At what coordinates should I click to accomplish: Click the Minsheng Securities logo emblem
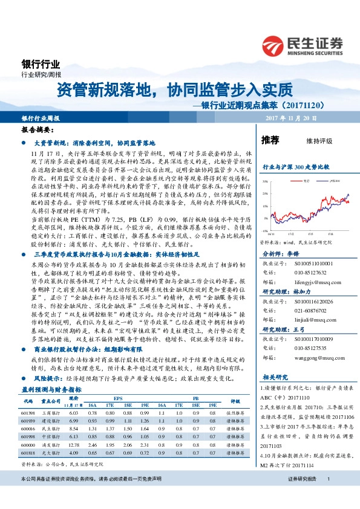click(273, 45)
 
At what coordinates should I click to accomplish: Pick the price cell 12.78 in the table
click(74, 426)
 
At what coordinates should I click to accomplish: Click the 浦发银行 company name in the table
click(50, 426)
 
